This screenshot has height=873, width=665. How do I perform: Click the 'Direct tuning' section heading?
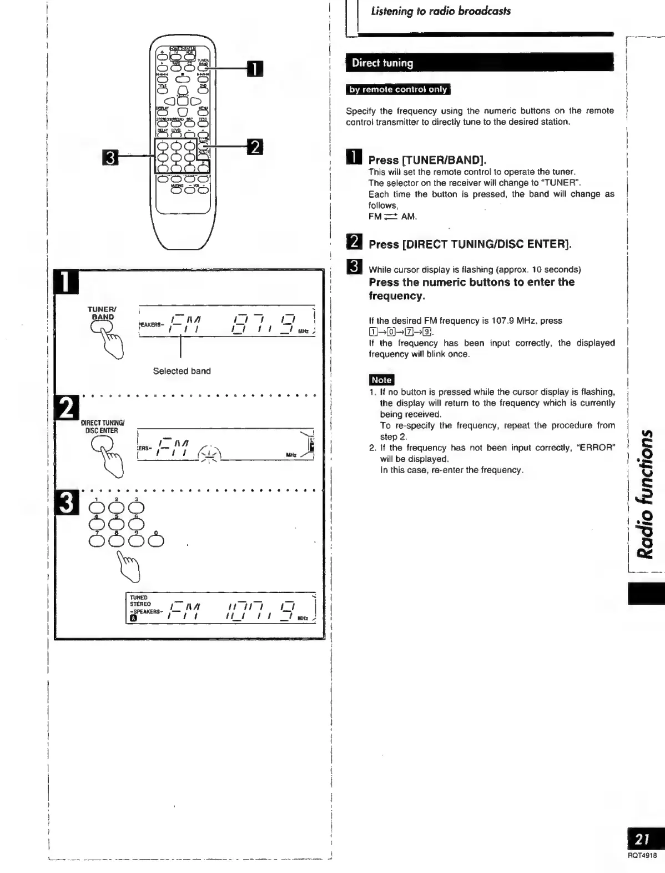382,63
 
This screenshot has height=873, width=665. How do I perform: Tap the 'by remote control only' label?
398,89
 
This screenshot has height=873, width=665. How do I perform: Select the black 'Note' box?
381,380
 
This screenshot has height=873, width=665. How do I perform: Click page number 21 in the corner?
643,839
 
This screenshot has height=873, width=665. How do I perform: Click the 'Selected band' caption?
182,371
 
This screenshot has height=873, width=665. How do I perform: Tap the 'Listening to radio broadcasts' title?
441,11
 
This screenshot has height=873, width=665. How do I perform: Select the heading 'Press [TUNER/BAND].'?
427,160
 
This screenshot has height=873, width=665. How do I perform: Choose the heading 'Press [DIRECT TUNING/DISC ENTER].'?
470,244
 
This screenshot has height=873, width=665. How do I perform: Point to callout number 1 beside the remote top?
254,68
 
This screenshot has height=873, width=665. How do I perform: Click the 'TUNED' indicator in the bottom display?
139,598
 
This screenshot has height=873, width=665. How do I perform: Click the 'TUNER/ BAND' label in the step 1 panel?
102,313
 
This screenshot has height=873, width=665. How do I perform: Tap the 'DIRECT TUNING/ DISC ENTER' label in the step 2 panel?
102,427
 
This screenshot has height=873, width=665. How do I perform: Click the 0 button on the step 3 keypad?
156,539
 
